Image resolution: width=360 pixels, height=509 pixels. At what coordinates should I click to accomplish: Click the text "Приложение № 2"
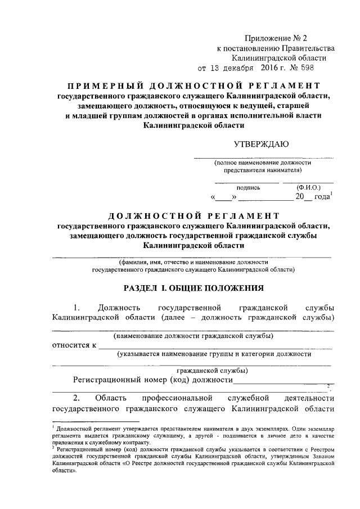(277, 39)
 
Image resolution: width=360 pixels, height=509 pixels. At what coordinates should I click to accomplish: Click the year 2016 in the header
(271, 69)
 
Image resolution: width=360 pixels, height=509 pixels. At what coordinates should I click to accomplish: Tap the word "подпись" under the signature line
(247, 187)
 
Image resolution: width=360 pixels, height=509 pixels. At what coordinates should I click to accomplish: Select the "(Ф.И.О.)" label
(308, 187)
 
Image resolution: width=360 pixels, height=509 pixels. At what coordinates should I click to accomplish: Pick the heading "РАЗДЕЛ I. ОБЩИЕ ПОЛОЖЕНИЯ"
(193, 289)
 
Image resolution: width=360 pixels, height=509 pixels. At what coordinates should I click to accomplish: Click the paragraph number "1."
(78, 308)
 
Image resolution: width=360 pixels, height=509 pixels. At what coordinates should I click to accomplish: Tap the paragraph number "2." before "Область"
(78, 398)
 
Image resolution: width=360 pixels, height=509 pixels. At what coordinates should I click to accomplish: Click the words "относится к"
(74, 345)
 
